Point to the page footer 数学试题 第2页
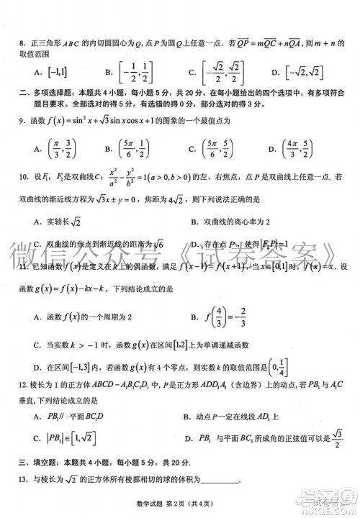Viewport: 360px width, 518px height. click(180, 507)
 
